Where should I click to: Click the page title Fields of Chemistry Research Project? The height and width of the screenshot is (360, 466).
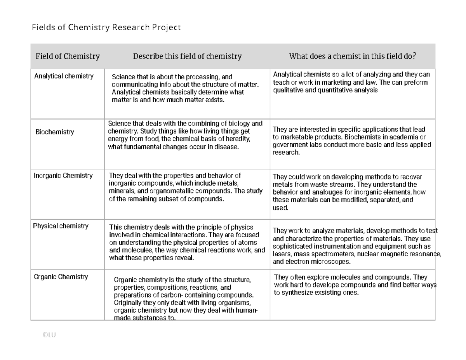(106, 28)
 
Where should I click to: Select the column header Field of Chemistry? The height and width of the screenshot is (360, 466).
(68, 56)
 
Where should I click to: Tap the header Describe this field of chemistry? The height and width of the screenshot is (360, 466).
(187, 56)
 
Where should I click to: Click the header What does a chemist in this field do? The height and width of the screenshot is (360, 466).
(352, 56)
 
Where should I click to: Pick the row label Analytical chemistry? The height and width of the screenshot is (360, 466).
(64, 76)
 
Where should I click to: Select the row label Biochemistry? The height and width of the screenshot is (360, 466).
(54, 132)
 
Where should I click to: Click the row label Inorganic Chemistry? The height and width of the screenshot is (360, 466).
(63, 176)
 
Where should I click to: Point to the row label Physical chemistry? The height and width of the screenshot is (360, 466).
(61, 226)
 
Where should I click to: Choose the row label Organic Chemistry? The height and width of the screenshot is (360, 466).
(61, 277)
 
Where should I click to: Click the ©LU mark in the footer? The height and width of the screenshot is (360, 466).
(49, 336)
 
